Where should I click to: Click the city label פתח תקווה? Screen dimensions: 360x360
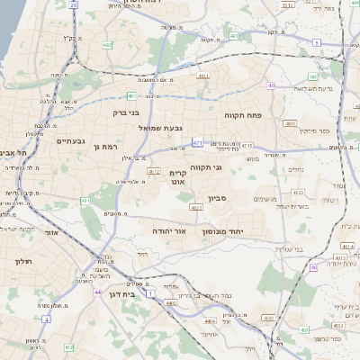click(244, 116)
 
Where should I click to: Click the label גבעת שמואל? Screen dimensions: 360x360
click(161, 129)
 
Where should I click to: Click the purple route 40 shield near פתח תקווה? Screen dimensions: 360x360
click(271, 86)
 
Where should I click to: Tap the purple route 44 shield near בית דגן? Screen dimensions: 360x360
click(97, 292)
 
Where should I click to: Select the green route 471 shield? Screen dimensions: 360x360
click(197, 143)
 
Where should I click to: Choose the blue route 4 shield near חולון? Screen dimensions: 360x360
click(45, 319)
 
